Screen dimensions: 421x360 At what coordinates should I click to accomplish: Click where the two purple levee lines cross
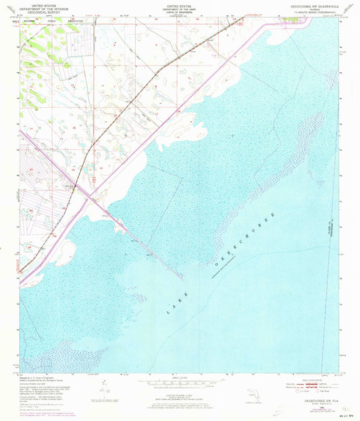pos(88,192)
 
